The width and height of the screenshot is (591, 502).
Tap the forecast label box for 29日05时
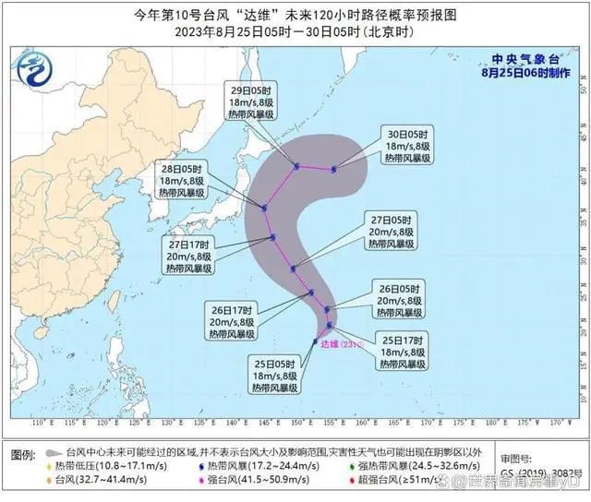(251, 104)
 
